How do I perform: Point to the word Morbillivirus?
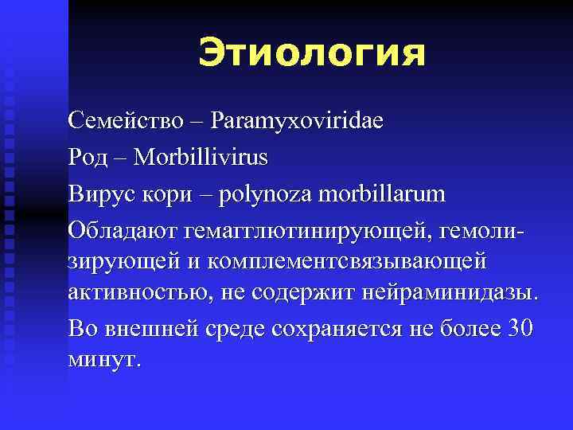tap(201, 157)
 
